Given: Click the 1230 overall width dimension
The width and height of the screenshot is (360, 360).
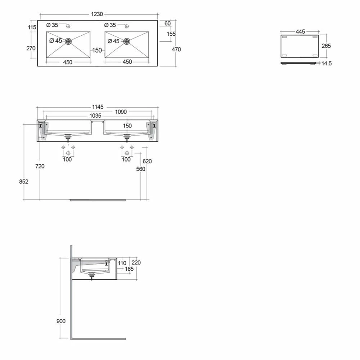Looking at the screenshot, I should [97, 14].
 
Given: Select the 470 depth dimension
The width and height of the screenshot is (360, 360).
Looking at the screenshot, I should [176, 50].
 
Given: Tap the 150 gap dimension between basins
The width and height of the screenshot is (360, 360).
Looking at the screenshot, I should [97, 50].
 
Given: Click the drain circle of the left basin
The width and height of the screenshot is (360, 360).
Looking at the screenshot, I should [68, 41].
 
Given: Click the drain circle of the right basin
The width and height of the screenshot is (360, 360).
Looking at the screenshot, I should [127, 41].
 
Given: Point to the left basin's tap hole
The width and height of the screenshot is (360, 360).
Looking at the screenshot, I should [69, 26].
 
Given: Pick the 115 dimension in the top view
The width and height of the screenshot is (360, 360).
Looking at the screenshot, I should [32, 27].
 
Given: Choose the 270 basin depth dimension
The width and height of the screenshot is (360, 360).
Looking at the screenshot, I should [31, 48].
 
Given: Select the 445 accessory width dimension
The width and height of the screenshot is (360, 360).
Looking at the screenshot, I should [300, 32].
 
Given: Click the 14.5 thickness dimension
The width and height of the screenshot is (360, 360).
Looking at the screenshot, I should [327, 63].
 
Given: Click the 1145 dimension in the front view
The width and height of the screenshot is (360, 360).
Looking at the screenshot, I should [98, 107].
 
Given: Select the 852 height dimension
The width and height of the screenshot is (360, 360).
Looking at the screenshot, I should [24, 182].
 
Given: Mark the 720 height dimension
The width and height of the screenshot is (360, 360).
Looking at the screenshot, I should [40, 166].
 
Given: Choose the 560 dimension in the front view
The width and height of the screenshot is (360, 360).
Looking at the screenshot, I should [140, 169].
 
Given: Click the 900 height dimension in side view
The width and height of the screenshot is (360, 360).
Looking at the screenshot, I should [61, 321].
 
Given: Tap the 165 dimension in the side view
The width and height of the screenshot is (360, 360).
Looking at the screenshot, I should [129, 269].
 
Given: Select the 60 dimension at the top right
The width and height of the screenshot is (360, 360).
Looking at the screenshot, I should [167, 24].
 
